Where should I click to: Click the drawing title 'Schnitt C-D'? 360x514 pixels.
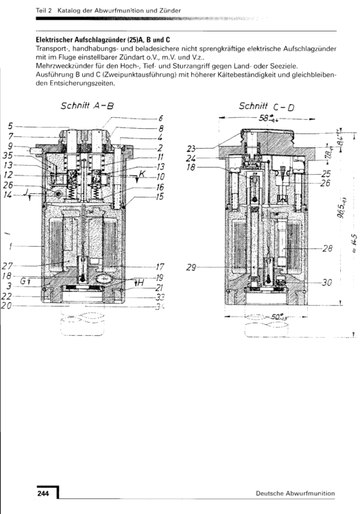point(266,107)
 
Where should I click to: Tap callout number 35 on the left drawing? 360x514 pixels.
point(9,156)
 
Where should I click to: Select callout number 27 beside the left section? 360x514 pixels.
point(8,266)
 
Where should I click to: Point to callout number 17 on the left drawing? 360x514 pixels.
point(160,267)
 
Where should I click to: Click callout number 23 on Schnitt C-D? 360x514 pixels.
point(192,148)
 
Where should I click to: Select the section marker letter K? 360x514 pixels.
point(141,175)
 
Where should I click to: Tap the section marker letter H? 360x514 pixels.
point(139,282)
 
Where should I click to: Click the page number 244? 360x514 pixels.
point(43,493)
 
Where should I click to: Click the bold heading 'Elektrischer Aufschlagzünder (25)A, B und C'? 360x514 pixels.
point(102,40)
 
